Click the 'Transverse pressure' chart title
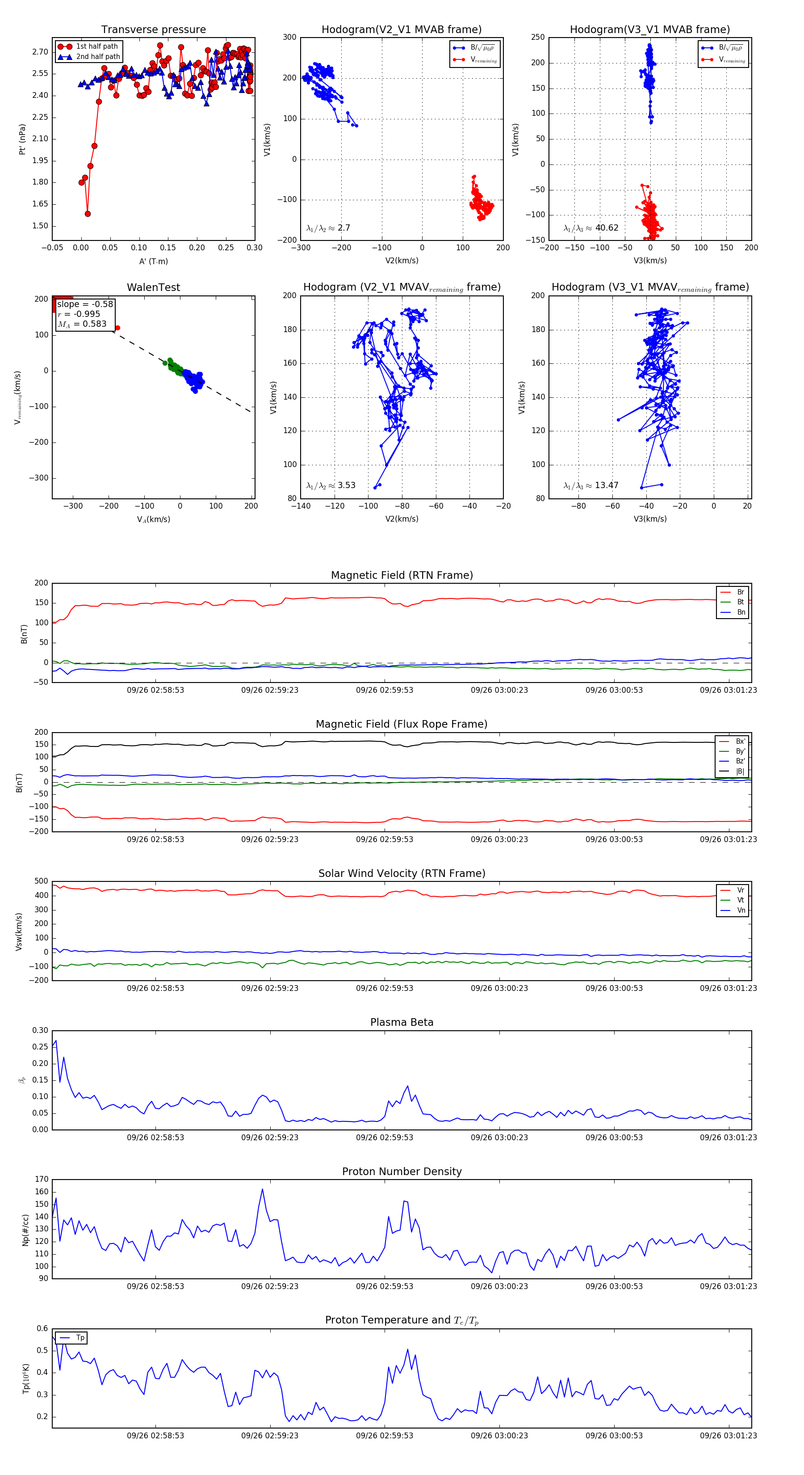(153, 30)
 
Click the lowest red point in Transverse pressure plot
(88, 214)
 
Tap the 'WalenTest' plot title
(153, 287)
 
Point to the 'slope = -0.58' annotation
(85, 304)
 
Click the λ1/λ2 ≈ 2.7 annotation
(328, 228)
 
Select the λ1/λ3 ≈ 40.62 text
(590, 228)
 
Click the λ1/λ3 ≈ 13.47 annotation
(590, 485)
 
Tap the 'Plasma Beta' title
(402, 1022)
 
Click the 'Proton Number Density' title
(402, 1172)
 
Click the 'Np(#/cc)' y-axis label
(25, 1230)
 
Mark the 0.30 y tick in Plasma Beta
(40, 1031)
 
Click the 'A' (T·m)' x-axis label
(153, 261)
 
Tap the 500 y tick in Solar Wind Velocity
(41, 881)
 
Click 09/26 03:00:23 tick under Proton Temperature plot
(499, 1436)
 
